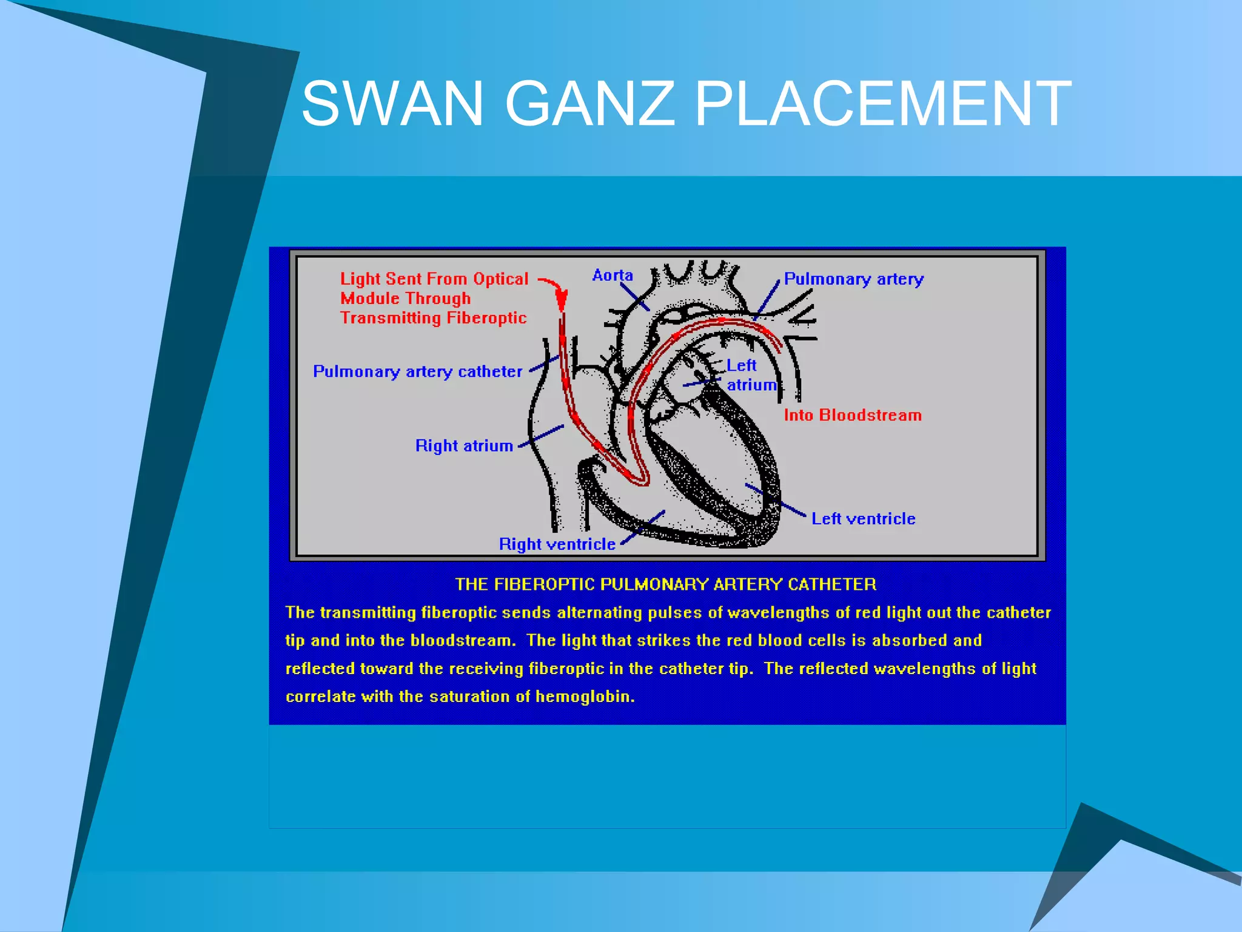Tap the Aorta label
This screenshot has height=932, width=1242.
coord(613,275)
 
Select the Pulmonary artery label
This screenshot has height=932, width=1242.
coord(853,279)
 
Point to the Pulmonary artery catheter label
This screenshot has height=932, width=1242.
coord(417,371)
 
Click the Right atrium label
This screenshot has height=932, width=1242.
coord(464,446)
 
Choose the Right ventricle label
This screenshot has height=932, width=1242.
coord(557,544)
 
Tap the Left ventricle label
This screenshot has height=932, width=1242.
coord(863,519)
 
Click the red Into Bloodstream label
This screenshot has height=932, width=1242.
coord(852,415)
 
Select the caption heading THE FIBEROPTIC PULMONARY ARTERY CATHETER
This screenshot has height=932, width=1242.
coord(665,584)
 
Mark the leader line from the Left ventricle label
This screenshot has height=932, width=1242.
coord(776,500)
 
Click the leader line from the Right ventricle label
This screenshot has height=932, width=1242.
coord(643,527)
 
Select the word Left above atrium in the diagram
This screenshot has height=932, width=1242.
coord(741,365)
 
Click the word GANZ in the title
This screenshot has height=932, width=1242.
coord(589,104)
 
